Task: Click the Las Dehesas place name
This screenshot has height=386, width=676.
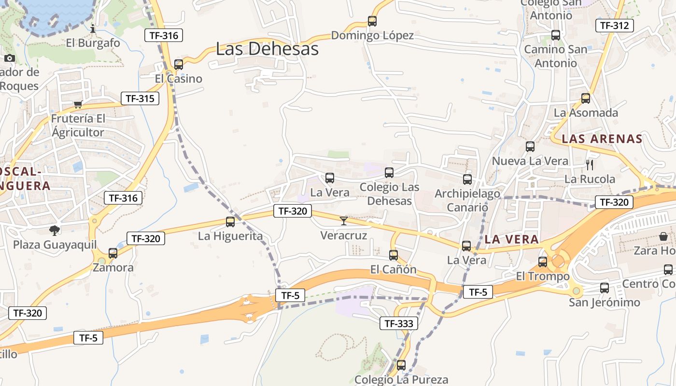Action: [267, 49]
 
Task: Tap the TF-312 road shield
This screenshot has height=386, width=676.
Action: [614, 26]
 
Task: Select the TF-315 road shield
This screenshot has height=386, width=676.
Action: [140, 98]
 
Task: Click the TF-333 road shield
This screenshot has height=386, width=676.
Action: [399, 323]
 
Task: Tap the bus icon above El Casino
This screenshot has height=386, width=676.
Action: [179, 64]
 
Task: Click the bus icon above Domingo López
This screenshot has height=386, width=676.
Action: [372, 21]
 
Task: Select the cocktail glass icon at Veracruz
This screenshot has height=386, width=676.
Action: [344, 221]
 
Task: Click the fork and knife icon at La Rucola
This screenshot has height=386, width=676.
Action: [590, 165]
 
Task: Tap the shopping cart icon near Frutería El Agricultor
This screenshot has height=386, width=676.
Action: [78, 104]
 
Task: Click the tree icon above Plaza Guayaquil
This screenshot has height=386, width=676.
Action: [55, 231]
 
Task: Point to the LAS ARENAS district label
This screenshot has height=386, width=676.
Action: [602, 139]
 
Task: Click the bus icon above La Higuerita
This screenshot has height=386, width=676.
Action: [230, 222]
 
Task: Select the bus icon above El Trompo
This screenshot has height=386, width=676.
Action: [543, 262]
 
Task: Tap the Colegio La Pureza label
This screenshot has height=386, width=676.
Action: [401, 380]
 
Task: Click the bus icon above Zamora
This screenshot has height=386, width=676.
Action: [113, 253]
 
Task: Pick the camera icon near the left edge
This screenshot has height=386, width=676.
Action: [9, 58]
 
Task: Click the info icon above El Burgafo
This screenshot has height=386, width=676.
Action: [93, 29]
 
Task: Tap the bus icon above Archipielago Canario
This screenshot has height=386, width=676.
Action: [467, 179]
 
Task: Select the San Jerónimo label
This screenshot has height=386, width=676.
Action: [604, 303]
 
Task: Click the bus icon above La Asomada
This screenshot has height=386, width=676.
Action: [586, 98]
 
